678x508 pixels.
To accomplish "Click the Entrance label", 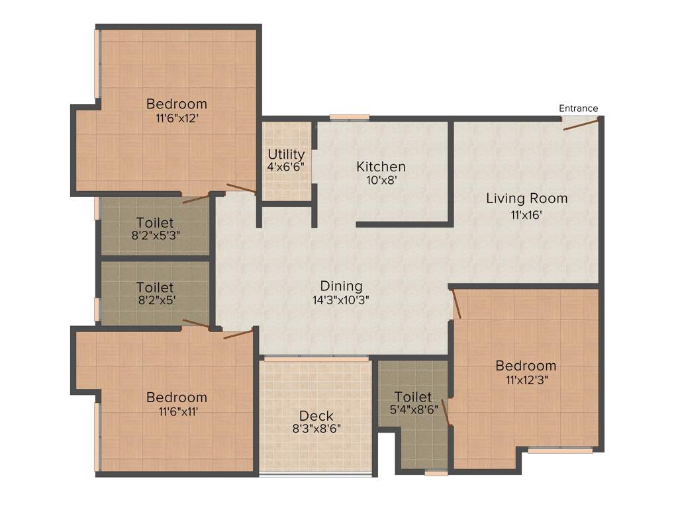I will (578, 108).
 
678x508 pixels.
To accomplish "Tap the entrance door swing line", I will (581, 124).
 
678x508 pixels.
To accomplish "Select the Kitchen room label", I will (381, 166).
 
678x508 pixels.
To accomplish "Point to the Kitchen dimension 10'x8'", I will (381, 180).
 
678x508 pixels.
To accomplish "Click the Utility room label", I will (286, 155).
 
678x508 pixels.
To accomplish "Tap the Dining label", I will (341, 286).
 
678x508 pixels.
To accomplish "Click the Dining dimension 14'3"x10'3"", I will (341, 299).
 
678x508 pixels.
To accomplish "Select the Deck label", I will (316, 415).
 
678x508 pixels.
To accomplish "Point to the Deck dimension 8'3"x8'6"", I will (316, 429).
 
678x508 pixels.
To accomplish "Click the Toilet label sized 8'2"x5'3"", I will (155, 222).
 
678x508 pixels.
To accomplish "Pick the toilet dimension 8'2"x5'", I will (155, 299).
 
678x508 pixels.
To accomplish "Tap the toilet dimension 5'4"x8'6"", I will (414, 409).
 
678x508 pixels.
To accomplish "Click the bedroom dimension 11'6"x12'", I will (176, 118).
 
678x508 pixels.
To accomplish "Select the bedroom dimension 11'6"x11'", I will (176, 411).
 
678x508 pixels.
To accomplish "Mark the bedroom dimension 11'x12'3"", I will (526, 380).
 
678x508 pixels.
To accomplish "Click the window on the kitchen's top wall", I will (349, 118).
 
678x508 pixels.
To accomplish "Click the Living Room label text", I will (526, 198).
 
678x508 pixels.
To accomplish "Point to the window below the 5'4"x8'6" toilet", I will (435, 473).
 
